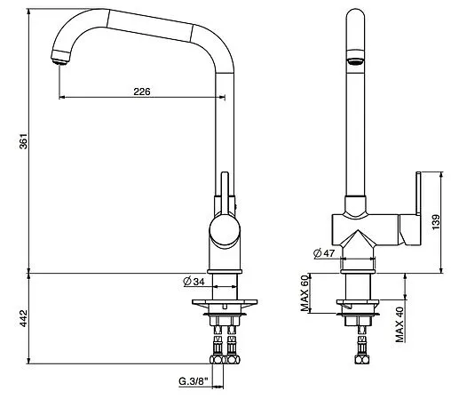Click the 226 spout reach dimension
click(x=142, y=92)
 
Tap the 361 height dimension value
click(x=23, y=141)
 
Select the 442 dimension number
click(x=23, y=318)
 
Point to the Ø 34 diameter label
click(x=194, y=281)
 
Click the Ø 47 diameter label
click(x=324, y=253)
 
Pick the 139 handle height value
click(x=436, y=222)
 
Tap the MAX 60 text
click(x=305, y=292)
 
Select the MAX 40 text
click(x=400, y=324)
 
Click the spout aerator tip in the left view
click(x=60, y=57)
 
